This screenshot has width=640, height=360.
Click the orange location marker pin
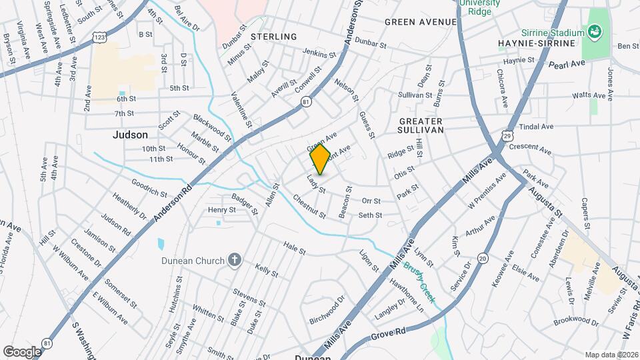click(x=320, y=159)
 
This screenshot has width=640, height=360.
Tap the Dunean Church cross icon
click(x=234, y=259)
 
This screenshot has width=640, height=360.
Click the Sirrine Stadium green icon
click(x=592, y=31)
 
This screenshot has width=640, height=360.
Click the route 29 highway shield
click(x=507, y=135)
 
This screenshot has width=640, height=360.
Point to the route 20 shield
click(x=483, y=258)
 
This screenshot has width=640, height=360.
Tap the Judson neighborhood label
click(x=130, y=135)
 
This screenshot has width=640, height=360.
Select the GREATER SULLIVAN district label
click(x=421, y=125)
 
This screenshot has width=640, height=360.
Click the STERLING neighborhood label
click(x=274, y=37)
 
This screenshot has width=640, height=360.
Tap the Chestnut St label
click(x=309, y=207)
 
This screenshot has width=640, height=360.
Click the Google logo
click(x=22, y=351)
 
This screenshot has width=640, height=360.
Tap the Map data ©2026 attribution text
click(x=611, y=355)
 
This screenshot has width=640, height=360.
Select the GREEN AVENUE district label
click(x=421, y=22)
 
